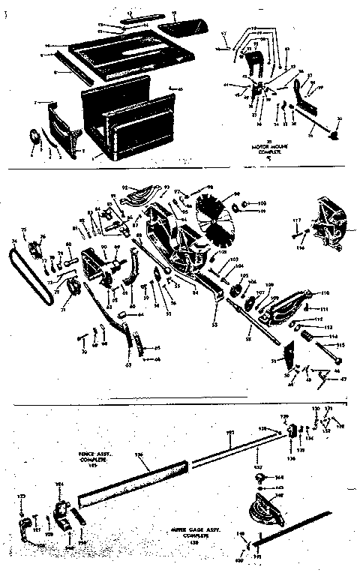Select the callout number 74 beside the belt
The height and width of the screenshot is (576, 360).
pos(14,241)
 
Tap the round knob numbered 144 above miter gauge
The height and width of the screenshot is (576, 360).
pos(258,477)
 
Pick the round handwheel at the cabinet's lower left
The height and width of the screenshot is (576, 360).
pos(34,139)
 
